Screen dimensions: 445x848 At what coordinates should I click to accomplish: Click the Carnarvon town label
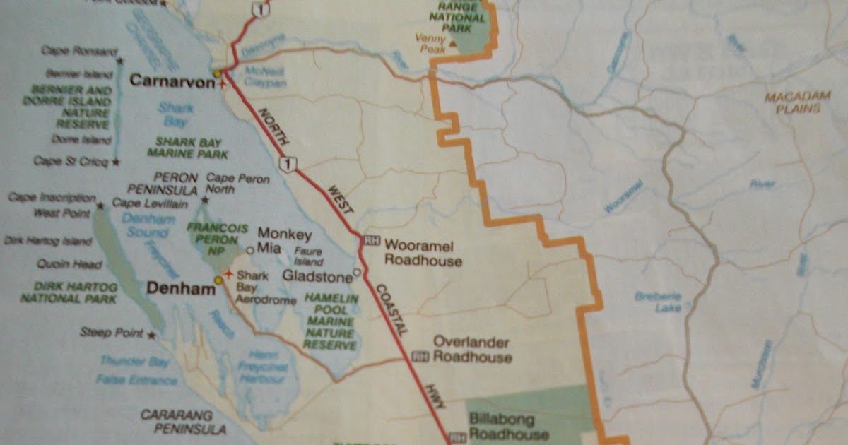171,81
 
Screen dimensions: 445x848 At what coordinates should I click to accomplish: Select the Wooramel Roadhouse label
423,254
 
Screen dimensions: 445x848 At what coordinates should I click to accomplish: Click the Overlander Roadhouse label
471,350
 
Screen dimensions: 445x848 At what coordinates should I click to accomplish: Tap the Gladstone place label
317,275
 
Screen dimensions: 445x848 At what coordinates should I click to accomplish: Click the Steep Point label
112,332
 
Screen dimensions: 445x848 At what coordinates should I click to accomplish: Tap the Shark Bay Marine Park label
187,147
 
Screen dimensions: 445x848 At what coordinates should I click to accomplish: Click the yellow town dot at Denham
218,280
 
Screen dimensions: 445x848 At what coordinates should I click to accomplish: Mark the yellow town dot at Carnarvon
218,72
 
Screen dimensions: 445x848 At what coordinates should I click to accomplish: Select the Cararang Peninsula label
183,422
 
